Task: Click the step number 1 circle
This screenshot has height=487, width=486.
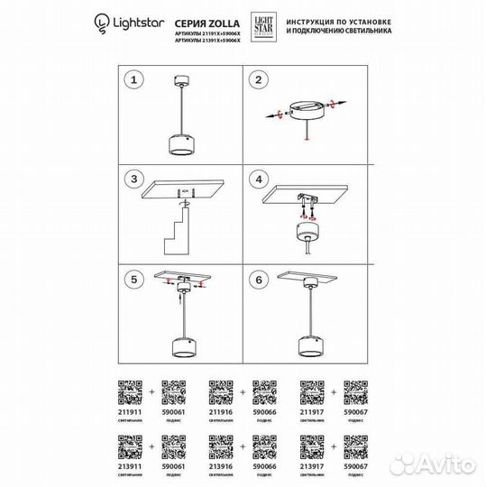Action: (134, 81)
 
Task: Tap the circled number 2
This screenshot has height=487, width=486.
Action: (259, 81)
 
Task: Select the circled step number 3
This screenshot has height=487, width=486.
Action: (134, 179)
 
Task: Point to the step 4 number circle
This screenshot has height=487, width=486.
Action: (259, 179)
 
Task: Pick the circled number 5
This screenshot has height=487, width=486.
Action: (134, 279)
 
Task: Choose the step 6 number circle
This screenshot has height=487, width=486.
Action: (259, 279)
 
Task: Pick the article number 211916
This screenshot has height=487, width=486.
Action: (222, 412)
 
